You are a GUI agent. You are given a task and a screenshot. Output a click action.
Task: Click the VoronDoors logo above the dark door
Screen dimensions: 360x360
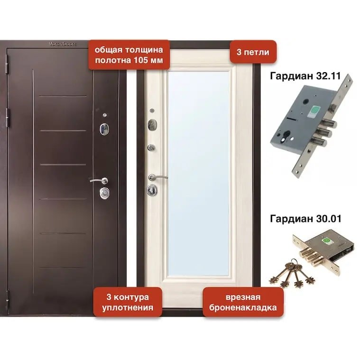point(62,44)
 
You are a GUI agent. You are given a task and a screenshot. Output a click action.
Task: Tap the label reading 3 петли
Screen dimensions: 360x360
point(253,52)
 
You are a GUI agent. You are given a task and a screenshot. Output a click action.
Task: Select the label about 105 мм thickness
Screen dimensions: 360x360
point(129,55)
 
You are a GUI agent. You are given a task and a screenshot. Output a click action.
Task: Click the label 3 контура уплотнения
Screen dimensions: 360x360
point(128,302)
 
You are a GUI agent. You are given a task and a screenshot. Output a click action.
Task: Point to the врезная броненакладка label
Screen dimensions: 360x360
point(243,302)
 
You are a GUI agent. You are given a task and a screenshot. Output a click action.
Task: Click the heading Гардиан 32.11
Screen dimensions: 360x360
point(305,76)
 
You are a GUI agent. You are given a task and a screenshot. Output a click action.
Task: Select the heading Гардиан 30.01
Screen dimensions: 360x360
point(305,219)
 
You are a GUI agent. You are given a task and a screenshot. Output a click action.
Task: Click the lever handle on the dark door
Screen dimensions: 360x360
point(99,180)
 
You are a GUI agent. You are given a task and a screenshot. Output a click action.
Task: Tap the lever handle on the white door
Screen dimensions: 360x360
point(157,177)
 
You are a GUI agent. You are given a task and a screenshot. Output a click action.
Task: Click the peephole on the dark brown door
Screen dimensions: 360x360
point(105,115)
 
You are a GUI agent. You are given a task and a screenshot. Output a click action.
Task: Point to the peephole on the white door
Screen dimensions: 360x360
point(152,111)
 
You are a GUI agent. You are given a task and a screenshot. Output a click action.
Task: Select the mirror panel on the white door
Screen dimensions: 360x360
point(199,174)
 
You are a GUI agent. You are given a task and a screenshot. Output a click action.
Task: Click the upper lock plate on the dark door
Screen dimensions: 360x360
point(104,129)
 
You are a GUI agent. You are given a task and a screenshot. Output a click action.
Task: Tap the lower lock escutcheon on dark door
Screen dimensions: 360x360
point(104,193)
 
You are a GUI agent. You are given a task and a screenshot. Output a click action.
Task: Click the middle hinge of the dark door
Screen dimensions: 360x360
point(8,118)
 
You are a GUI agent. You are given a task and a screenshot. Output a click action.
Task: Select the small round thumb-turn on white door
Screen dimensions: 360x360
point(151,148)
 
